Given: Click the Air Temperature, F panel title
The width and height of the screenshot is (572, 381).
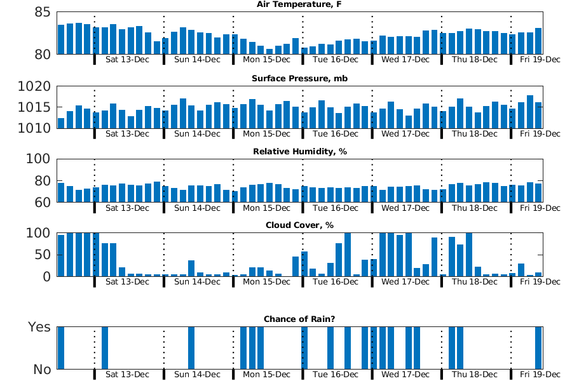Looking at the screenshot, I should [299, 4].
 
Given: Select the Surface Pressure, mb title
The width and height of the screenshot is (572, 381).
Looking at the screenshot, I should [299, 79].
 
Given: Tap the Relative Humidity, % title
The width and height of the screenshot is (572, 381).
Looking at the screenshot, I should [299, 152].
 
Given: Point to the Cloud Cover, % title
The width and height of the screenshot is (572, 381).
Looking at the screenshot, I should [299, 225].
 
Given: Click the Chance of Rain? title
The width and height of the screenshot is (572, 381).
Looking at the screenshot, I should [299, 319].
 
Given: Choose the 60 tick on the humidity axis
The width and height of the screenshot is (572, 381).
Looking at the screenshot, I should [41, 203].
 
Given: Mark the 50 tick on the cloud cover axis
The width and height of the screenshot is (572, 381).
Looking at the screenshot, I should [41, 255].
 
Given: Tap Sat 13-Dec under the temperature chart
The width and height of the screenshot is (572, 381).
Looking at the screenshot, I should [127, 60].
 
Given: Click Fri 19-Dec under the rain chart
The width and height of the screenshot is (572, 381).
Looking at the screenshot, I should [540, 375].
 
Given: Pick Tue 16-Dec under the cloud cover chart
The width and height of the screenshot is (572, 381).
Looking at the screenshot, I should [335, 281].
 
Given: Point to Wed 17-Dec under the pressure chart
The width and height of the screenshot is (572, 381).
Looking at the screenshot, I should [405, 134].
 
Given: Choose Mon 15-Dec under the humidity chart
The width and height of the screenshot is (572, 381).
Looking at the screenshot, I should [266, 208].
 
